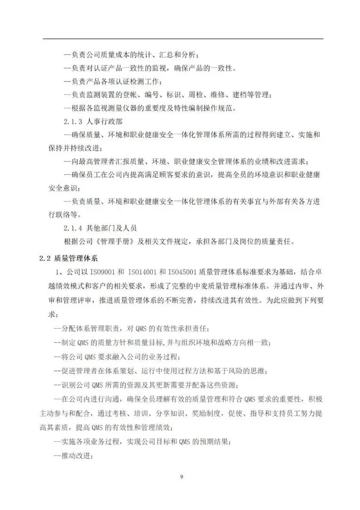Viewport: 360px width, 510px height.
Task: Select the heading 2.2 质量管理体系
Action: [x=68, y=258]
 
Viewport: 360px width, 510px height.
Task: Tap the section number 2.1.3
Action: [x=75, y=122]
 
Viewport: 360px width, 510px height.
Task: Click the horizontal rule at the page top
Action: [x=183, y=39]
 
